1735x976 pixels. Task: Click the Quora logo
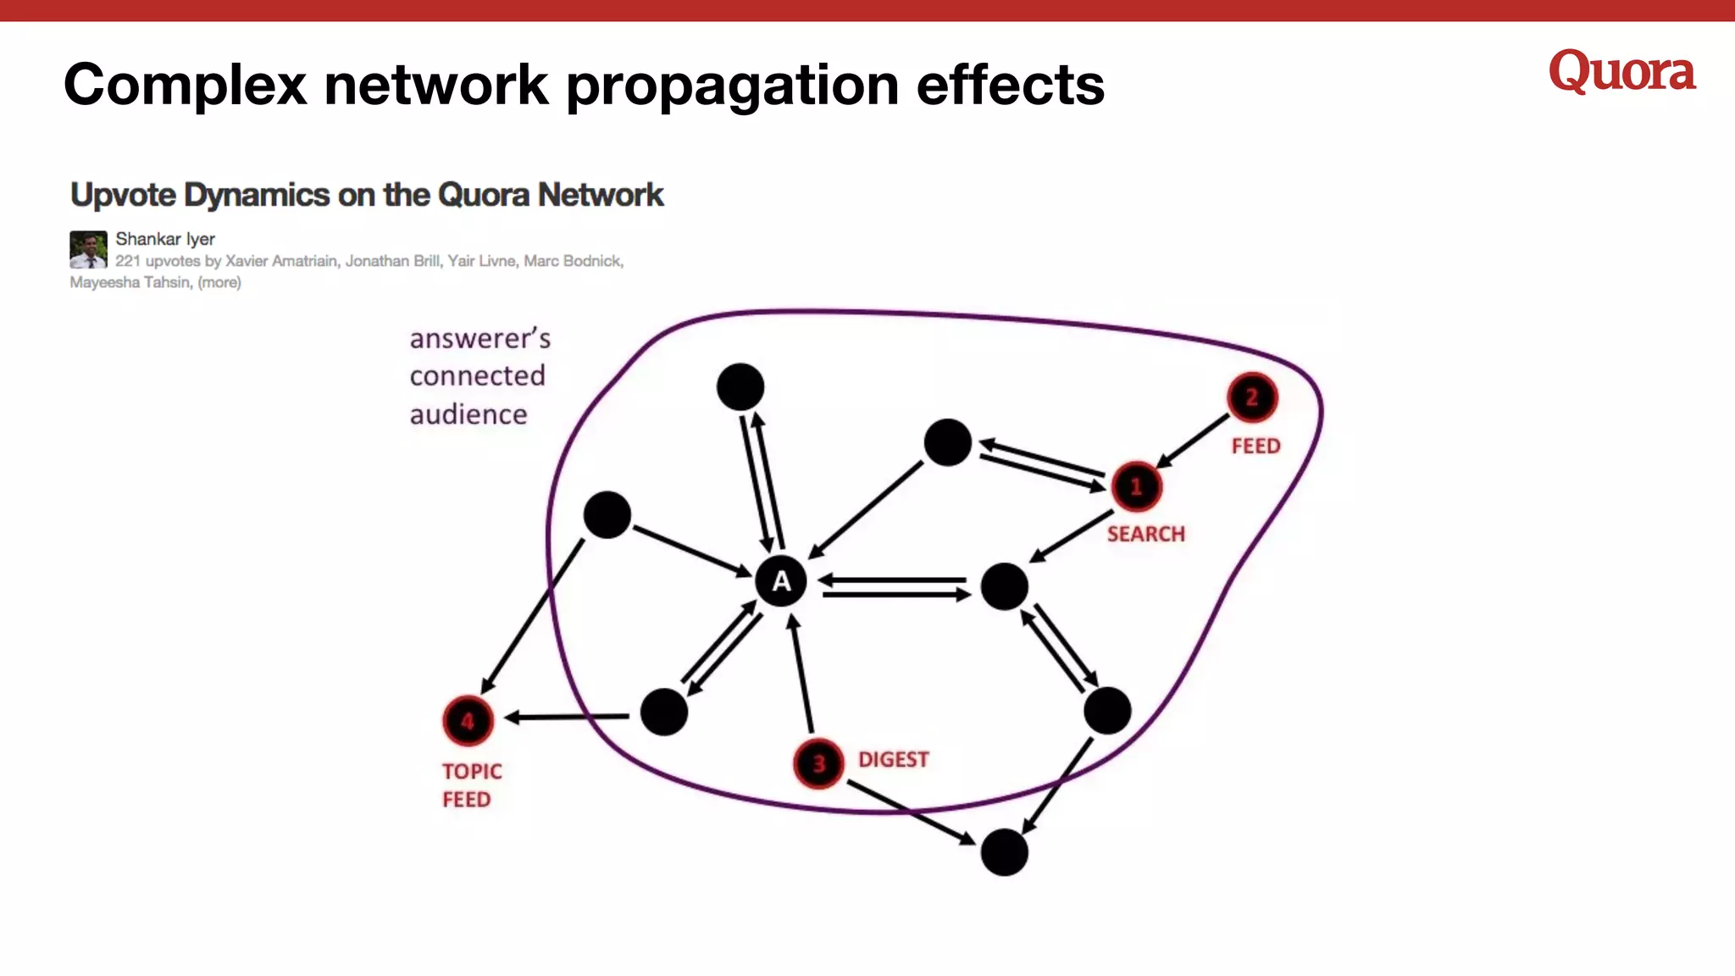(x=1621, y=72)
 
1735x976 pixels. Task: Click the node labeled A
(x=780, y=581)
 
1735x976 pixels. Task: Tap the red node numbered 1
(x=1136, y=486)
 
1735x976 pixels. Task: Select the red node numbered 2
(x=1251, y=397)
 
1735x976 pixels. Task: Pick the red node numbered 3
(x=818, y=763)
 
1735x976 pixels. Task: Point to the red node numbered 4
(x=468, y=721)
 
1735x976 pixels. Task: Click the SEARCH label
(x=1145, y=534)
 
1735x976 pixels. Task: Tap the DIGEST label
(x=893, y=759)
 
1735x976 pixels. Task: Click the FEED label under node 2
(x=1256, y=446)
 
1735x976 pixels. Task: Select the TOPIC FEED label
(x=471, y=785)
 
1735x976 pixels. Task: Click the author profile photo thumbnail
(x=88, y=249)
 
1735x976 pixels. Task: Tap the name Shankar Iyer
(x=165, y=239)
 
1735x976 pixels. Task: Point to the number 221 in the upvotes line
(x=128, y=261)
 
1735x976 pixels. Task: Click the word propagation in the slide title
(x=732, y=85)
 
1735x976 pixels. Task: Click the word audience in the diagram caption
(x=468, y=414)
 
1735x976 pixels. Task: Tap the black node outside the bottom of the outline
(x=1004, y=852)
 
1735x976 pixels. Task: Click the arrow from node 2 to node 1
(x=1193, y=441)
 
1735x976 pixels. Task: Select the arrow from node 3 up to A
(x=801, y=674)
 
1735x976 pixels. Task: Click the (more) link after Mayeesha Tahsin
(x=219, y=282)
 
